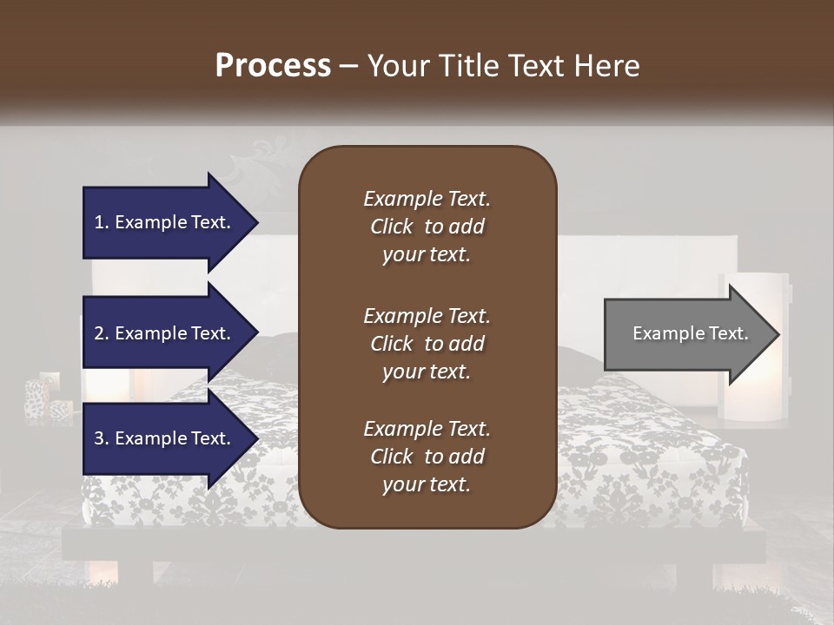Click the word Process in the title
tap(273, 65)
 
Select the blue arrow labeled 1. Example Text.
tap(165, 222)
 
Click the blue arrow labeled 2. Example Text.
tap(165, 333)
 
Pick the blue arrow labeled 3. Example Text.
tap(165, 438)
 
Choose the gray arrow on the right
tap(686, 334)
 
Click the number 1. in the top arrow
tap(102, 222)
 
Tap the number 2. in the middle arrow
tap(102, 333)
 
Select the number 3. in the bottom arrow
tap(102, 438)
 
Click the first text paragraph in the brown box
tap(427, 227)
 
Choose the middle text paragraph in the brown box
tap(427, 343)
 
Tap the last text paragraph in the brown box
tap(427, 457)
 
